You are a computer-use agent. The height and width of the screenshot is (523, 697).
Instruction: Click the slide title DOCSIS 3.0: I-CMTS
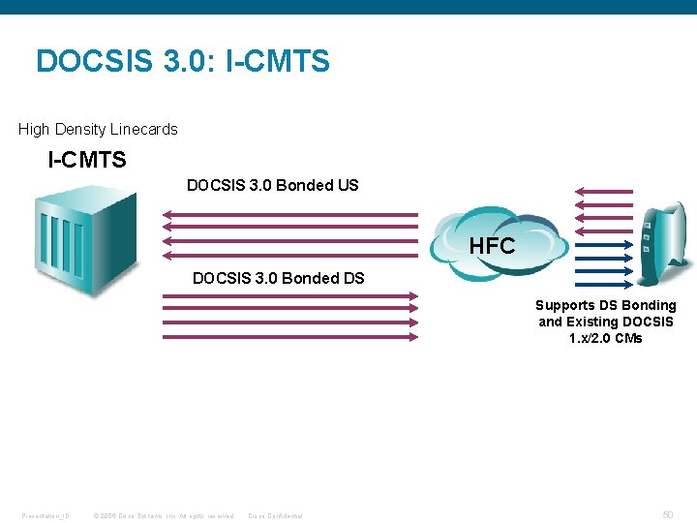[183, 62]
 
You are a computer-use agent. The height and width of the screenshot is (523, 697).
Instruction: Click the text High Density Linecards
[98, 129]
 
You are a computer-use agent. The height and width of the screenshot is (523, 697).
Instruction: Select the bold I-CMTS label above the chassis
[87, 160]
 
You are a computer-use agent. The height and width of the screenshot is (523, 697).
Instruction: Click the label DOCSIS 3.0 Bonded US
[272, 185]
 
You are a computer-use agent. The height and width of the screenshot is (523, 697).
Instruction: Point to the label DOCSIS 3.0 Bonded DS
[278, 278]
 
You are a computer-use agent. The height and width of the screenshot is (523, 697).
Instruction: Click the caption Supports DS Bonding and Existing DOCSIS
[606, 313]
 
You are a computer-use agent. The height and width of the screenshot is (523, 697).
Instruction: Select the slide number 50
[668, 515]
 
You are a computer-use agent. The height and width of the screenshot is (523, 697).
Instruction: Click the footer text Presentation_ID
[45, 515]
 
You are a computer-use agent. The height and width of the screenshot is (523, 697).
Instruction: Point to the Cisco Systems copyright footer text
[163, 515]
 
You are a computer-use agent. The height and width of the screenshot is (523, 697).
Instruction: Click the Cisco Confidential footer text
[276, 515]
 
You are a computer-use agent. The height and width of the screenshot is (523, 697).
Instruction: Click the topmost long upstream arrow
[289, 214]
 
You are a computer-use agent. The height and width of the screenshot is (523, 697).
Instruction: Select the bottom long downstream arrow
[289, 337]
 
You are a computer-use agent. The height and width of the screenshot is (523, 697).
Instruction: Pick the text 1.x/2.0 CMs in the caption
[606, 338]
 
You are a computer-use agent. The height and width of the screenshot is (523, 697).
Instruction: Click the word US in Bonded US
[348, 185]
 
